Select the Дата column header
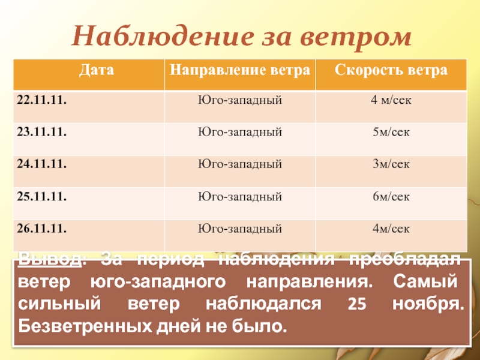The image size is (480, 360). pos(87,70)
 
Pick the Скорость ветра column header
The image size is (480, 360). pos(391,70)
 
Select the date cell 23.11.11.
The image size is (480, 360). pos(41,131)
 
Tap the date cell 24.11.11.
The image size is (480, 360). pos(41,163)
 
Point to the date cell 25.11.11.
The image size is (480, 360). pos(41,196)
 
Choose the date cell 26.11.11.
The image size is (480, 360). pos(41,228)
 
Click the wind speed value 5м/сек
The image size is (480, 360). pos(391,131)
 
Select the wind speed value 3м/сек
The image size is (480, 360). pos(391,163)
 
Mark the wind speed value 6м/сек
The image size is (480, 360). pos(391,196)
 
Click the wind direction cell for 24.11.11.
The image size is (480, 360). pos(240,163)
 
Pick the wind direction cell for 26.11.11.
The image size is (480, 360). pos(240,228)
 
